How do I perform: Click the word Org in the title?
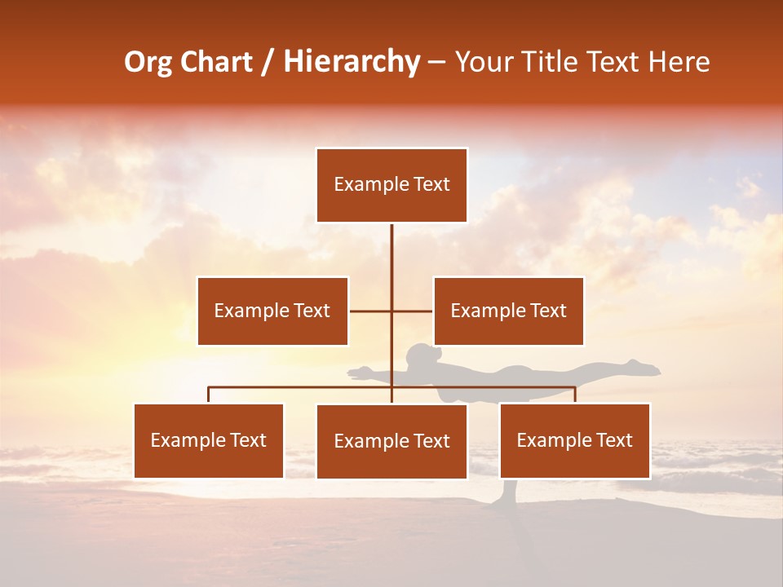pos(149,62)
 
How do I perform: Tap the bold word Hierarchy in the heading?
pos(352,62)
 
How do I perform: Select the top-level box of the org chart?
pos(391,185)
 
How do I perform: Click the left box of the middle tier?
pos(272,311)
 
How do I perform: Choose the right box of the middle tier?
pos(508,311)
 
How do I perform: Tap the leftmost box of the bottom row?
pos(209,440)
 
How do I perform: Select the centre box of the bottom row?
pos(391,441)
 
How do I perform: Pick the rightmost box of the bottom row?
pos(574,440)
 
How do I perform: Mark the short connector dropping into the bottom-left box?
pos(209,395)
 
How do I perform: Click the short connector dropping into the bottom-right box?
pos(574,395)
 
